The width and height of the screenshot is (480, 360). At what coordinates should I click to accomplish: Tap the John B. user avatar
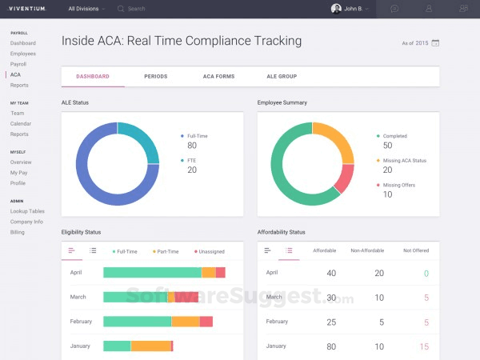point(336,9)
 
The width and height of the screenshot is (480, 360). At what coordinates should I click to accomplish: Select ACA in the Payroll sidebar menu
point(15,74)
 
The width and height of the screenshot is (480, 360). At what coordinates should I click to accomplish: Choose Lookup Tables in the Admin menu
point(27,211)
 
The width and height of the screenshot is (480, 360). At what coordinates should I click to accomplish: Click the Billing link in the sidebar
point(18,232)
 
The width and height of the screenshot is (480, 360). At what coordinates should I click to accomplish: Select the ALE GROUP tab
point(282,77)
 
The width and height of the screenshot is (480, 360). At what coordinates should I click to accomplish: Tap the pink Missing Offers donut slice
point(344,178)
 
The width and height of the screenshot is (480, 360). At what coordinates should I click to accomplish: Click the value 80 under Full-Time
point(192,146)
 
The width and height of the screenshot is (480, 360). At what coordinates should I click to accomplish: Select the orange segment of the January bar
point(151,346)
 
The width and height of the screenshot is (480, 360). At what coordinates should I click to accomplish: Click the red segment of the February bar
point(206,322)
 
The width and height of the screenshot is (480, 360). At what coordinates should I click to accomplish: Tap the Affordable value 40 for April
point(331,274)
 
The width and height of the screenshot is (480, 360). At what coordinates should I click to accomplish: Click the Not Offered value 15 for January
point(424,346)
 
